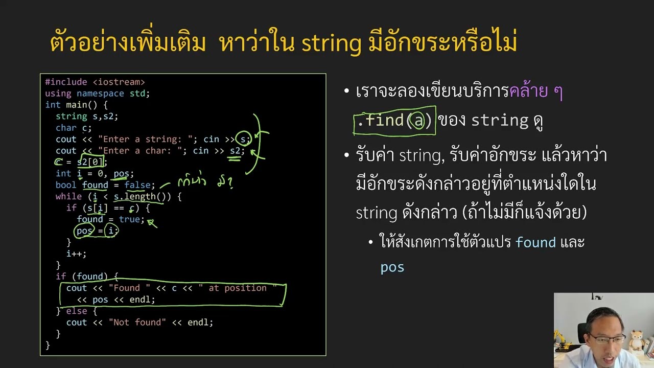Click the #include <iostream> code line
pyautogui.click(x=95, y=82)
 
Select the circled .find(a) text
pyautogui.click(x=394, y=121)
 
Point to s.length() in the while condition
pyautogui.click(x=142, y=196)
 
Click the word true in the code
pyautogui.click(x=129, y=219)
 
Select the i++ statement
pyautogui.click(x=76, y=254)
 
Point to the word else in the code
pyautogui.click(x=77, y=311)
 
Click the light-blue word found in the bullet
pyautogui.click(x=535, y=242)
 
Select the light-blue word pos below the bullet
pyautogui.click(x=392, y=267)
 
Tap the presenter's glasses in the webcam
pyautogui.click(x=608, y=337)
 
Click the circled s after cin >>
pyautogui.click(x=244, y=139)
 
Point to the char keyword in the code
pyautogui.click(x=66, y=128)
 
